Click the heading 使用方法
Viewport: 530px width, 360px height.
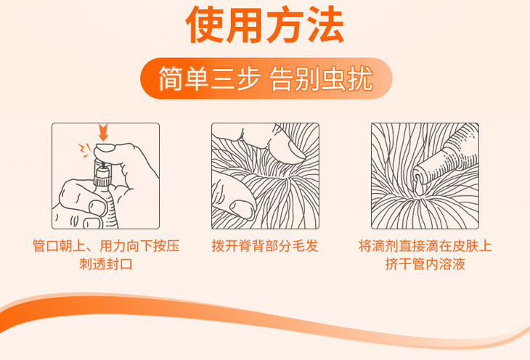pos(265,25)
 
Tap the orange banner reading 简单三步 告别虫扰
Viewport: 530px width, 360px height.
pos(266,78)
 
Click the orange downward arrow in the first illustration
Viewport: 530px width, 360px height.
pos(103,133)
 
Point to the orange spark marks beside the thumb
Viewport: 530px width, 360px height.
pos(84,150)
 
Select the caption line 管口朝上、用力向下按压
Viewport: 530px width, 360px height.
pos(106,246)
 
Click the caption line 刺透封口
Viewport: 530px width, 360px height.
pos(106,264)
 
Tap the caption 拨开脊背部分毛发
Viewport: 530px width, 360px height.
pos(265,246)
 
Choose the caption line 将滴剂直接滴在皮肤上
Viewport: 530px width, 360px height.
pos(425,246)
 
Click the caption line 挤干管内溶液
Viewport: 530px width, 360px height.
pos(425,264)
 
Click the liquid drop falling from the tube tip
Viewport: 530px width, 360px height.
pos(419,187)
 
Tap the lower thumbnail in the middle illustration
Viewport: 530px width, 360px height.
pos(242,210)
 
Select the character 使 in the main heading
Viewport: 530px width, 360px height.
pos(205,25)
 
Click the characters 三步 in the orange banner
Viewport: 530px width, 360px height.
pos(235,79)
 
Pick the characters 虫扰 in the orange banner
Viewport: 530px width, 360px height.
pos(348,79)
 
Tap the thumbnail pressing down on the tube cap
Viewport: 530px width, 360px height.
pos(105,148)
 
